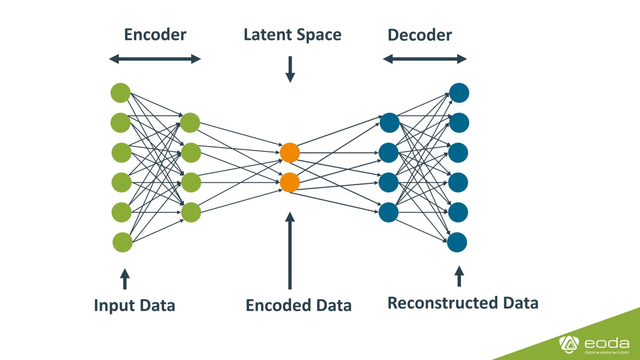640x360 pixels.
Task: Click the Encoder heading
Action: [x=155, y=34]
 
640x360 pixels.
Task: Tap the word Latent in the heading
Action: [x=267, y=34]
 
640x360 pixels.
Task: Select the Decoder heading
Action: [x=420, y=35]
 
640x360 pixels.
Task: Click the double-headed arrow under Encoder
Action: [x=155, y=59]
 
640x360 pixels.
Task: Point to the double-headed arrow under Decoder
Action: [x=425, y=59]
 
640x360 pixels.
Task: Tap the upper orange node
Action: [x=290, y=153]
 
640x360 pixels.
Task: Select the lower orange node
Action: [x=290, y=182]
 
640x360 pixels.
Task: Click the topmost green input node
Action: [x=120, y=93]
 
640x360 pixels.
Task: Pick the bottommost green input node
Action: [x=122, y=242]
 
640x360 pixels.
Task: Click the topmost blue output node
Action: [x=459, y=93]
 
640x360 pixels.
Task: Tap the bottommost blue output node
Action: [x=457, y=242]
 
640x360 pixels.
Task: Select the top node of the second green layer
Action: [x=190, y=123]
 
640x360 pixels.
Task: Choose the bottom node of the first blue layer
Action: [x=388, y=212]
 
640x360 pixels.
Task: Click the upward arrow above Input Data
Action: [x=125, y=279]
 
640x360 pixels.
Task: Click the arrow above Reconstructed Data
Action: [x=459, y=276]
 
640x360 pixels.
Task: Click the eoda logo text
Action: [x=607, y=343]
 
